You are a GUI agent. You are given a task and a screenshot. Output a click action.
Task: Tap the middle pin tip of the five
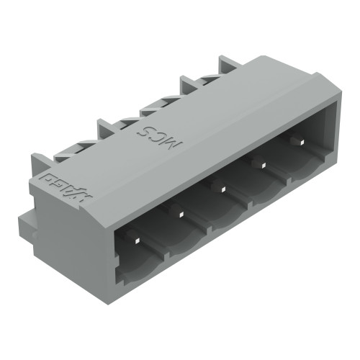tap(222, 189)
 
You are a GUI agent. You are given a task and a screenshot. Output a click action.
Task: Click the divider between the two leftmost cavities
tap(163, 248)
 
